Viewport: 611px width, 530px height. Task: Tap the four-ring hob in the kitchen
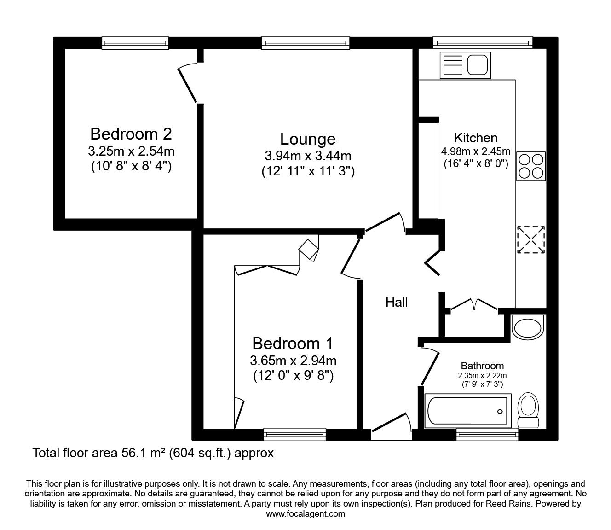(x=531, y=166)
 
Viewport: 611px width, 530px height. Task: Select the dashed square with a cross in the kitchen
(x=531, y=239)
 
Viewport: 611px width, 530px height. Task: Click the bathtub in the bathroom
(x=467, y=411)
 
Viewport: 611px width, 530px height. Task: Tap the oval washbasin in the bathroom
(x=528, y=328)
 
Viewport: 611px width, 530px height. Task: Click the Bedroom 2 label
(x=131, y=134)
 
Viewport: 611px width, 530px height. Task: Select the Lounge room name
(x=308, y=139)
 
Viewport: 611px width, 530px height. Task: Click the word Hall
(x=397, y=302)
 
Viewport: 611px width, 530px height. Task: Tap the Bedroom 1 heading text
(x=293, y=344)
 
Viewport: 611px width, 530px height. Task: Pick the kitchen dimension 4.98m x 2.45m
(x=476, y=151)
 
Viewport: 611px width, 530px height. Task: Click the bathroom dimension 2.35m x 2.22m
(x=482, y=375)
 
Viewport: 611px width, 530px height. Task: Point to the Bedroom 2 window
(x=135, y=43)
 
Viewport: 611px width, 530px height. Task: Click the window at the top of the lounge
(x=305, y=43)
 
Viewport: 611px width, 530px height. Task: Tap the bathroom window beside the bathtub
(x=487, y=434)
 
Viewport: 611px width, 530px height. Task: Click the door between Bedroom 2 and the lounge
(x=188, y=83)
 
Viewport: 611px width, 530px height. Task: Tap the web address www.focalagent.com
(x=305, y=514)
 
